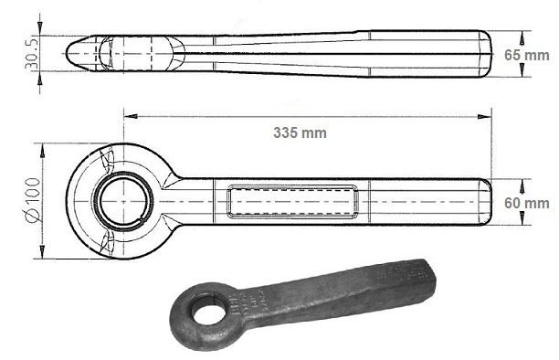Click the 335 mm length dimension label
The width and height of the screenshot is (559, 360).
pos(300,132)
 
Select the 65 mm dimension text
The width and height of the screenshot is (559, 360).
pos(526,56)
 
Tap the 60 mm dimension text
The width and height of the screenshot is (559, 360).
pos(526,203)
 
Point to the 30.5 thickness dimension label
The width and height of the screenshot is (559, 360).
pos(31,54)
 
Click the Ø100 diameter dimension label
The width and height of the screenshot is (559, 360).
pos(33,200)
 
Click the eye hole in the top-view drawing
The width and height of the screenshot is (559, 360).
pos(123,201)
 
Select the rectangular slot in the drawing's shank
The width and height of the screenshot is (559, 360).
pos(292,201)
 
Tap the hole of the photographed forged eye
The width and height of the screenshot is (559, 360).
pos(209,309)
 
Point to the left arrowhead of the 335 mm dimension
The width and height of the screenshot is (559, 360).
pos(131,116)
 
